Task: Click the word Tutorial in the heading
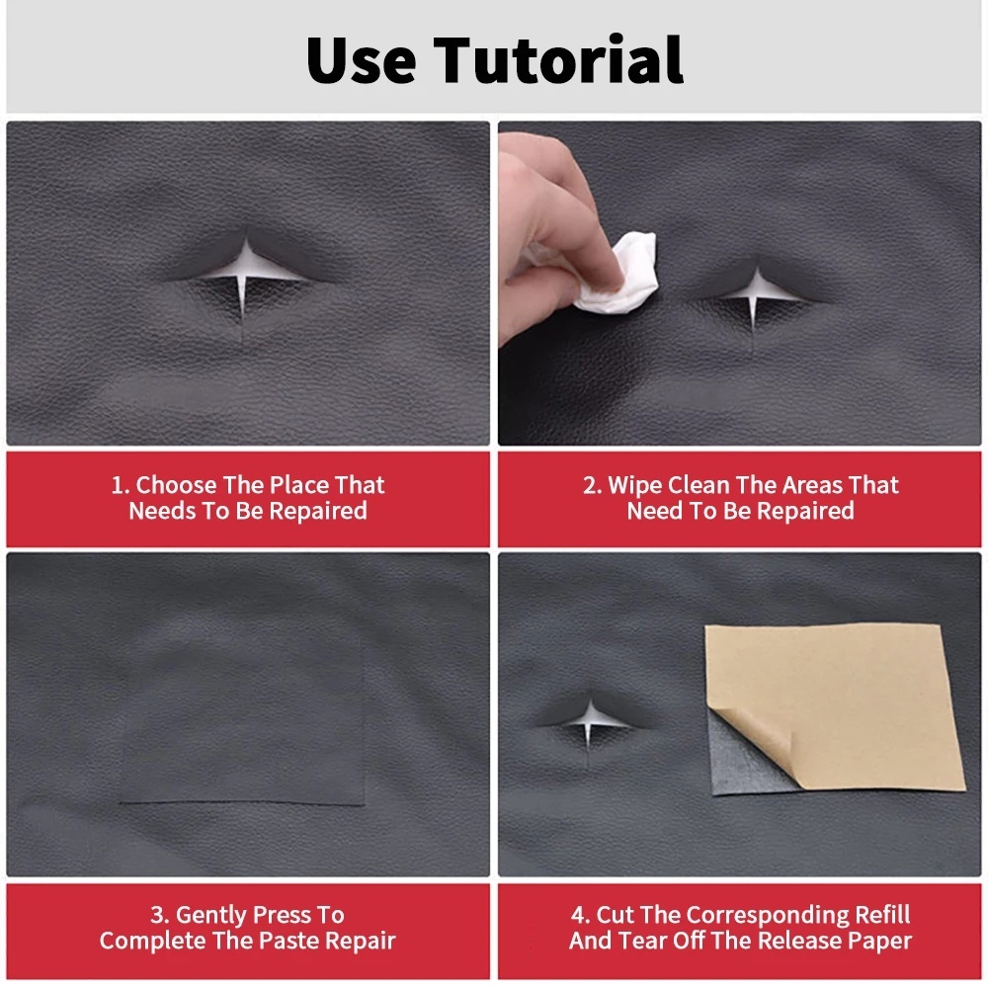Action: pos(558,59)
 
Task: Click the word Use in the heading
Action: pos(361,60)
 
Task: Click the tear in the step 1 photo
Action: pos(244,278)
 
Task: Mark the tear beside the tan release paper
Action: pos(589,723)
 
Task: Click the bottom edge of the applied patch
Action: pos(242,804)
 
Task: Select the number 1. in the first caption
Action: pos(120,485)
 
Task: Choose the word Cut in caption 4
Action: pos(615,915)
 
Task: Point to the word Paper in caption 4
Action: pos(879,941)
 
